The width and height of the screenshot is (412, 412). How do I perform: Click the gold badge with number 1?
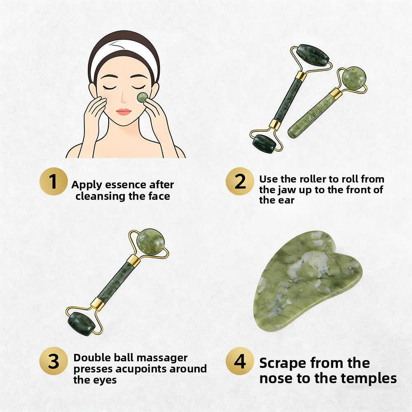pyautogui.click(x=53, y=182)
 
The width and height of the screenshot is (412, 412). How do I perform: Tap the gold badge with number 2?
pyautogui.click(x=240, y=182)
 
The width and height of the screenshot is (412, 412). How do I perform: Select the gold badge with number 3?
pyautogui.click(x=53, y=361)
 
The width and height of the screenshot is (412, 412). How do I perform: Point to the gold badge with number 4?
pyautogui.click(x=240, y=361)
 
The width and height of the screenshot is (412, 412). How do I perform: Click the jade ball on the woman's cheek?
pyautogui.click(x=142, y=97)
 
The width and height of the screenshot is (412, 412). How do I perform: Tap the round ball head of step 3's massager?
pyautogui.click(x=150, y=241)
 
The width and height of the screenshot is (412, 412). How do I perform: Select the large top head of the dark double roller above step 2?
pyautogui.click(x=313, y=55)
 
